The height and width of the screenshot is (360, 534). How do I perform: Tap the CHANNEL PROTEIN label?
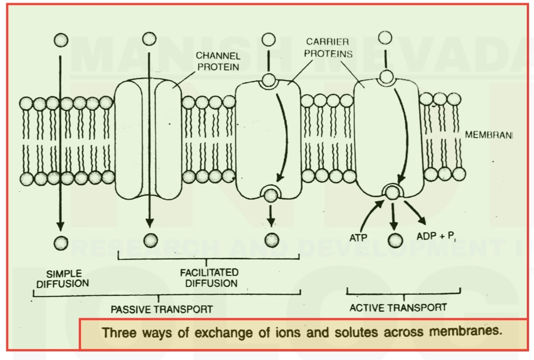click(218, 62)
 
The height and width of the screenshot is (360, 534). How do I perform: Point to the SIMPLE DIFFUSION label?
click(63, 278)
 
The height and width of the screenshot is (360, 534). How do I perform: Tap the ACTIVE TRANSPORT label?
click(398, 307)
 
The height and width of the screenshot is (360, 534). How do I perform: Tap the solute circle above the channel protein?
click(150, 39)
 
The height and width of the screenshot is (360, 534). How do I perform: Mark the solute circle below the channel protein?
click(150, 240)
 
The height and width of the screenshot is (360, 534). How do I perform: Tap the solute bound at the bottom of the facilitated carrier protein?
click(271, 195)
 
